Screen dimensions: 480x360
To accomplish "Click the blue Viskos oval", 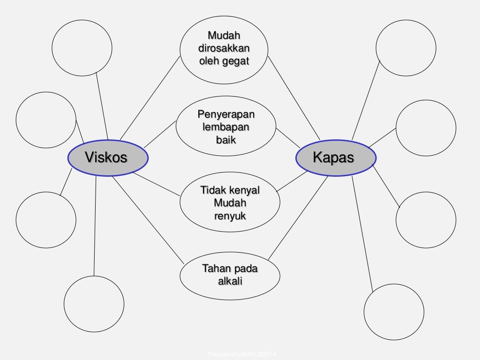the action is tap(108, 158).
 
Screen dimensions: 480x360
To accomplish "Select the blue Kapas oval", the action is tap(335, 158).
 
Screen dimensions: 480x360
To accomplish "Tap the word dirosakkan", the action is tap(224, 48).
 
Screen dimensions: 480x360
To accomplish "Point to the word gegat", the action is tap(236, 61).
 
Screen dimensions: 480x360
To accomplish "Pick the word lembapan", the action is tap(226, 127).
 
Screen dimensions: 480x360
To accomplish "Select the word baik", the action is tap(226, 140).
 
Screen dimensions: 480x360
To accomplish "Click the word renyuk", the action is tap(230, 216).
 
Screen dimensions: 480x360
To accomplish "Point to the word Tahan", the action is tap(216, 269).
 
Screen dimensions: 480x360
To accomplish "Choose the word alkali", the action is tap(230, 281).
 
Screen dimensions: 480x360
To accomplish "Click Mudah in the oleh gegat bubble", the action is tap(224, 36).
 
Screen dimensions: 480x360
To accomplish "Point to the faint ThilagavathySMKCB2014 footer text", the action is tap(242, 355).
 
